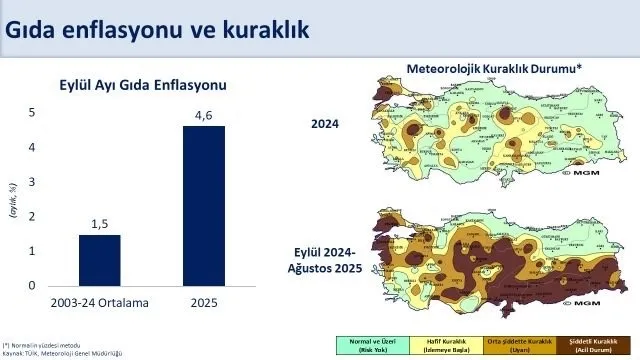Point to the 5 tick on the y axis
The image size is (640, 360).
pos(31,113)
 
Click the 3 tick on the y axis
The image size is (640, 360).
pos(31,182)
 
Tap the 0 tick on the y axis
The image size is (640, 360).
pos(31,286)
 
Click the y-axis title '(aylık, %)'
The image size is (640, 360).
pos(14,200)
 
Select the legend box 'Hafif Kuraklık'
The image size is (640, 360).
pos(439,345)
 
